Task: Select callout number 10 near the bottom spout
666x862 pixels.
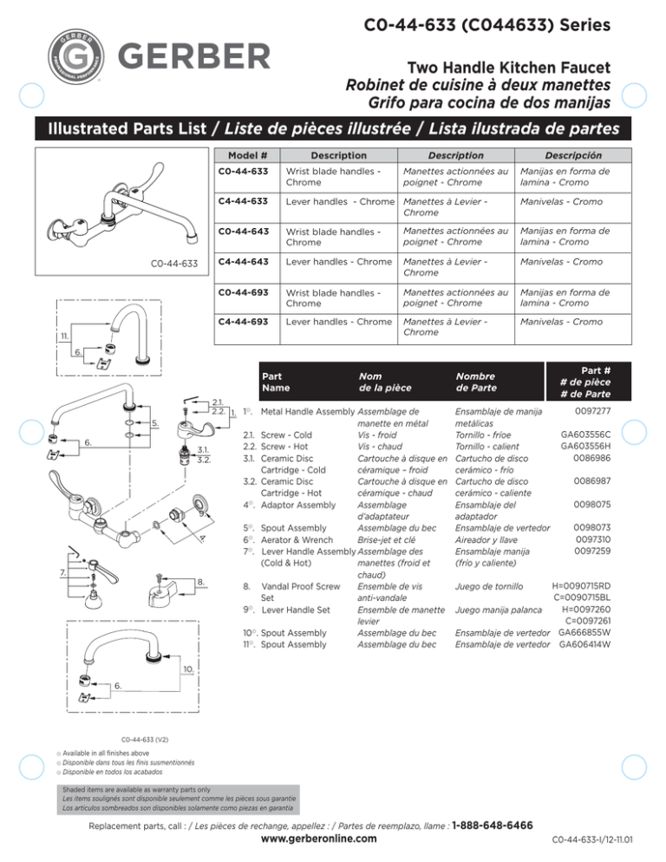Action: (x=188, y=669)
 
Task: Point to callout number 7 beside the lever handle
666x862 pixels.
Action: (x=55, y=571)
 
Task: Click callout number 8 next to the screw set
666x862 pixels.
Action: (x=199, y=580)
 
